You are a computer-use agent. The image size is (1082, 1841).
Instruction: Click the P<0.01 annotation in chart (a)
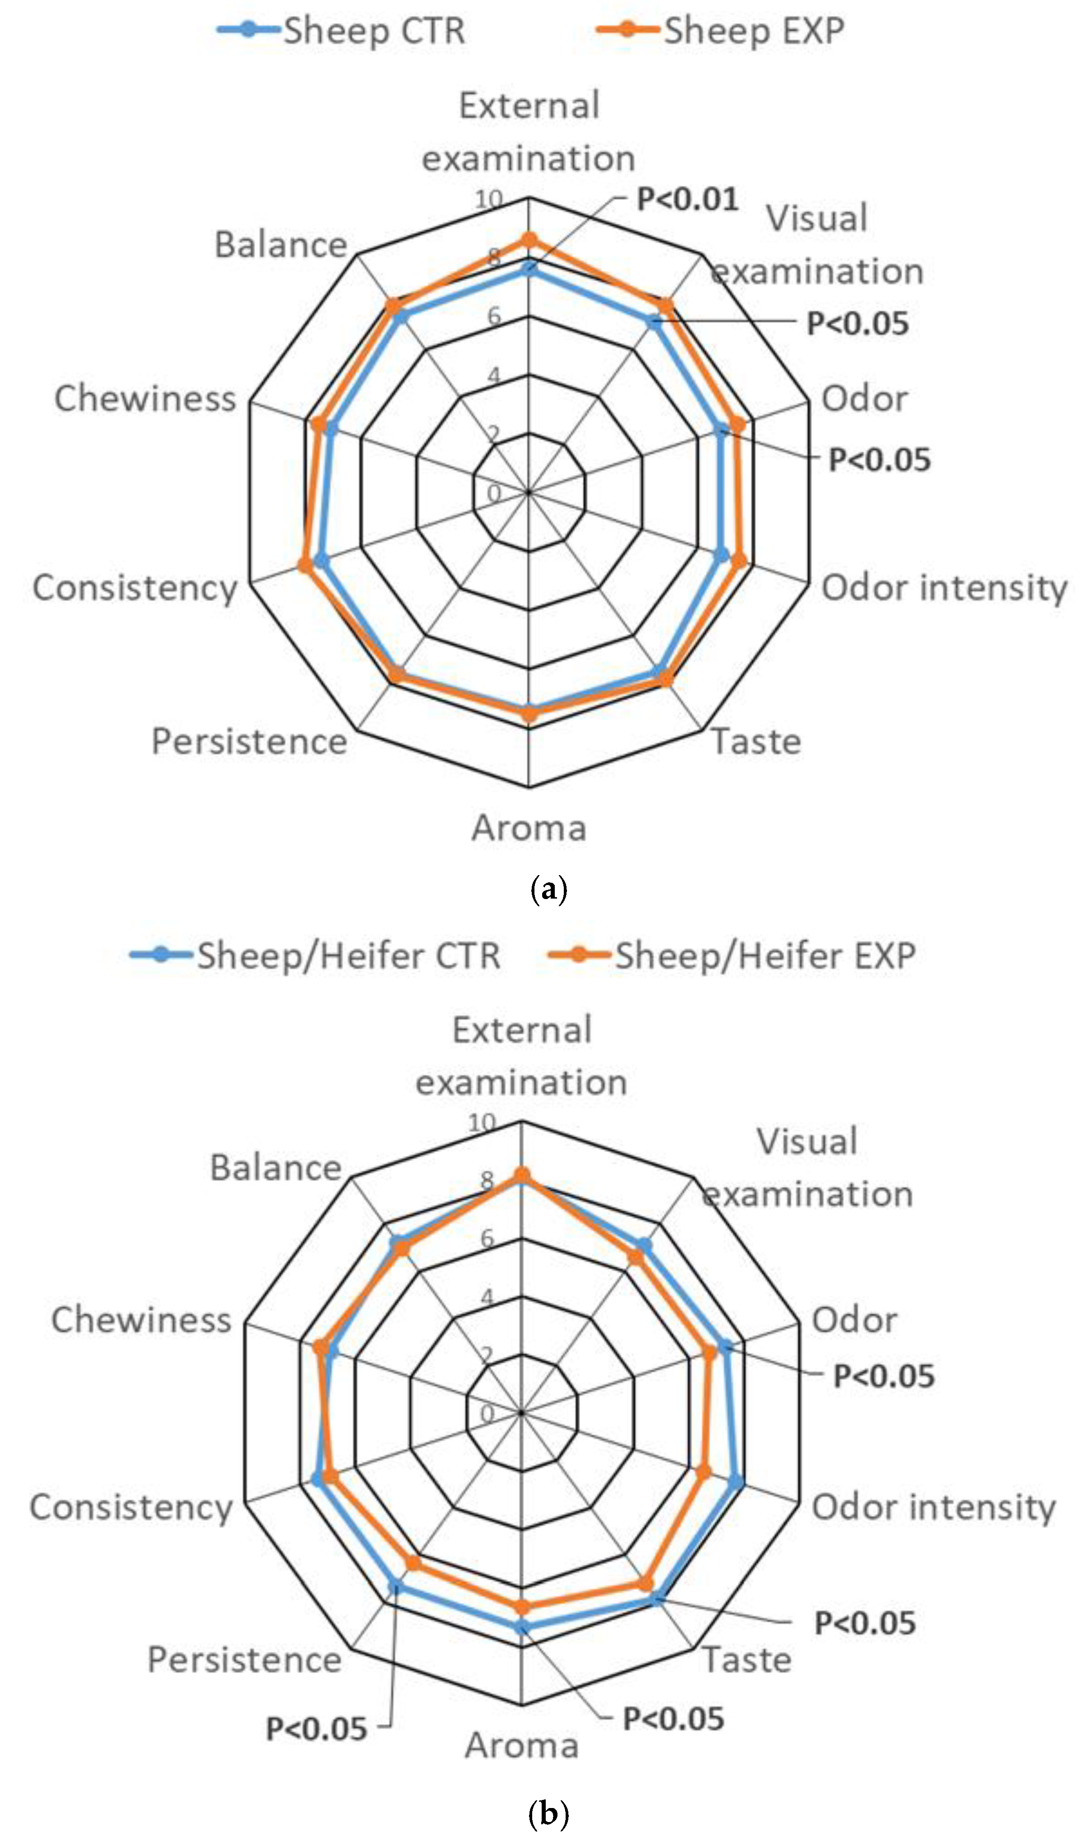[x=687, y=199]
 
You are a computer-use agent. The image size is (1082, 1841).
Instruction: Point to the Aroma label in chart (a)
[x=529, y=828]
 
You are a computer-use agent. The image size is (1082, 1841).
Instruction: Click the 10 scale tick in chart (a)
[x=488, y=199]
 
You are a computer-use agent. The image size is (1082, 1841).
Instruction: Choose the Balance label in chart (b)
[x=276, y=1167]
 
